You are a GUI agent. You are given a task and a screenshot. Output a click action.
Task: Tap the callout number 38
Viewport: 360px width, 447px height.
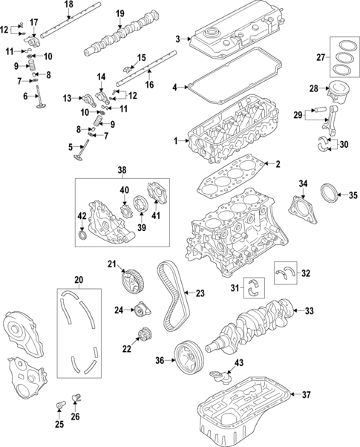click(122, 170)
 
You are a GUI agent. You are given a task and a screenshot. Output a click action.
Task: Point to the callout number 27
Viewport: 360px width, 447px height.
click(321, 56)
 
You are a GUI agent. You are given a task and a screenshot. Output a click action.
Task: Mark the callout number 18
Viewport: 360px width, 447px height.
click(68, 5)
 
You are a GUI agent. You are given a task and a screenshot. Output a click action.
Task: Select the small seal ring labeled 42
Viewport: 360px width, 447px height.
click(82, 237)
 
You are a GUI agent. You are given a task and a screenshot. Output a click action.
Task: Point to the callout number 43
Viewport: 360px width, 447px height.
click(238, 363)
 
